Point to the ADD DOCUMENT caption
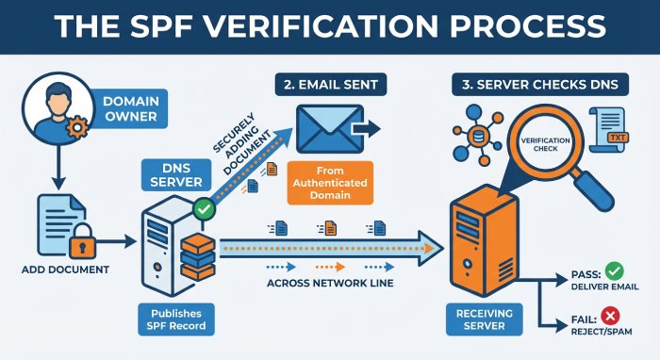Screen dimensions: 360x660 tap(64, 270)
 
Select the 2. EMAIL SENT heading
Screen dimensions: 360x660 tap(327, 86)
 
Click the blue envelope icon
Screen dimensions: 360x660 tap(326, 129)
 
